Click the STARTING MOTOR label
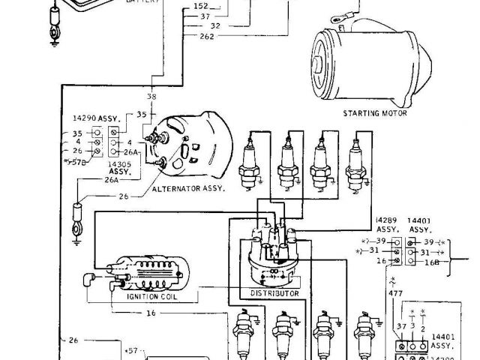tap(375, 113)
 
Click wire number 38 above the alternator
tap(151, 97)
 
